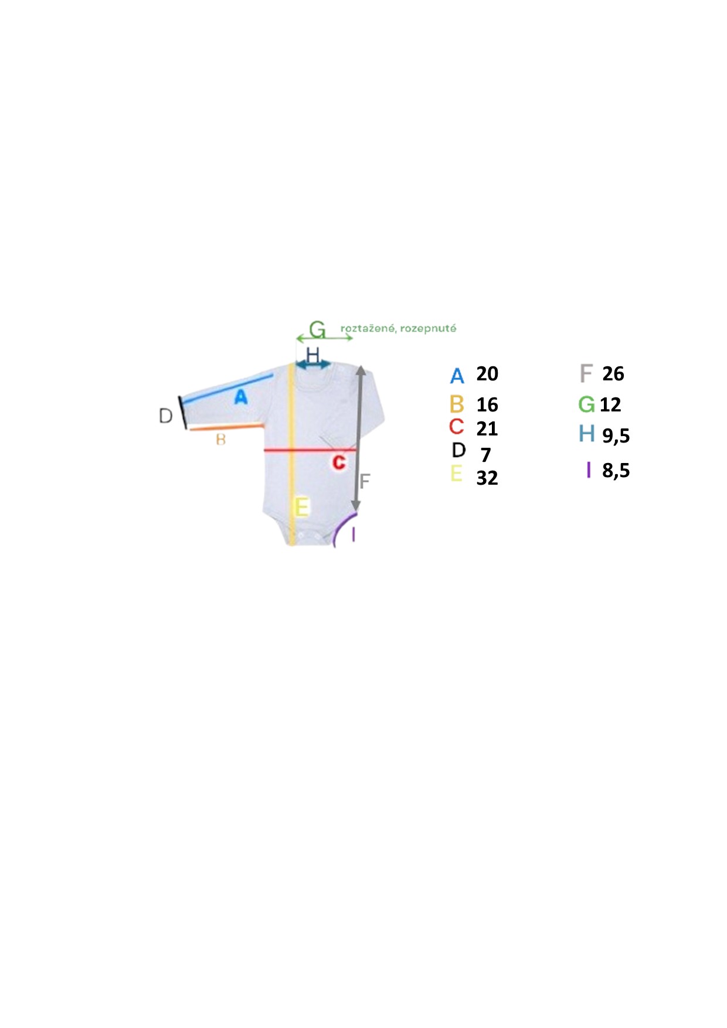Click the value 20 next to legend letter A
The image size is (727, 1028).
pyautogui.click(x=487, y=373)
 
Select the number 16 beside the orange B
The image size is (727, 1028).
pyautogui.click(x=487, y=404)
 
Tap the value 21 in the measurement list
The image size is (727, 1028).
pyautogui.click(x=487, y=428)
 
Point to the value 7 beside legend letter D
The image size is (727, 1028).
pyautogui.click(x=485, y=454)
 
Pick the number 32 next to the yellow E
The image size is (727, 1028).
pyautogui.click(x=487, y=478)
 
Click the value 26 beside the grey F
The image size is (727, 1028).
pyautogui.click(x=613, y=373)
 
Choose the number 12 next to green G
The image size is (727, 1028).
pyautogui.click(x=610, y=404)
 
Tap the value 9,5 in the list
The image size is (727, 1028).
pyautogui.click(x=616, y=435)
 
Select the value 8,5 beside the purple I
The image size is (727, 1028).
pyautogui.click(x=616, y=470)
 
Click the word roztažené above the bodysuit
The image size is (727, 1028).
pyautogui.click(x=368, y=328)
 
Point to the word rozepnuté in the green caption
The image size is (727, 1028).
pyautogui.click(x=428, y=328)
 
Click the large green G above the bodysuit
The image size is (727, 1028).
pyautogui.click(x=317, y=330)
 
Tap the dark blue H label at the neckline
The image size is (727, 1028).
pyautogui.click(x=313, y=355)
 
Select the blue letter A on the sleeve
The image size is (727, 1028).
pyautogui.click(x=240, y=397)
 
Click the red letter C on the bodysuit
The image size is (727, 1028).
pyautogui.click(x=339, y=462)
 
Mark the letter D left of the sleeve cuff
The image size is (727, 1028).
pyautogui.click(x=166, y=416)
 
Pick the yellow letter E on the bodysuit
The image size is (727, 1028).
pyautogui.click(x=301, y=506)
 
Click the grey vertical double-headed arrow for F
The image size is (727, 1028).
pyautogui.click(x=358, y=438)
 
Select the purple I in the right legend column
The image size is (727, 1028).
pyautogui.click(x=589, y=469)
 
